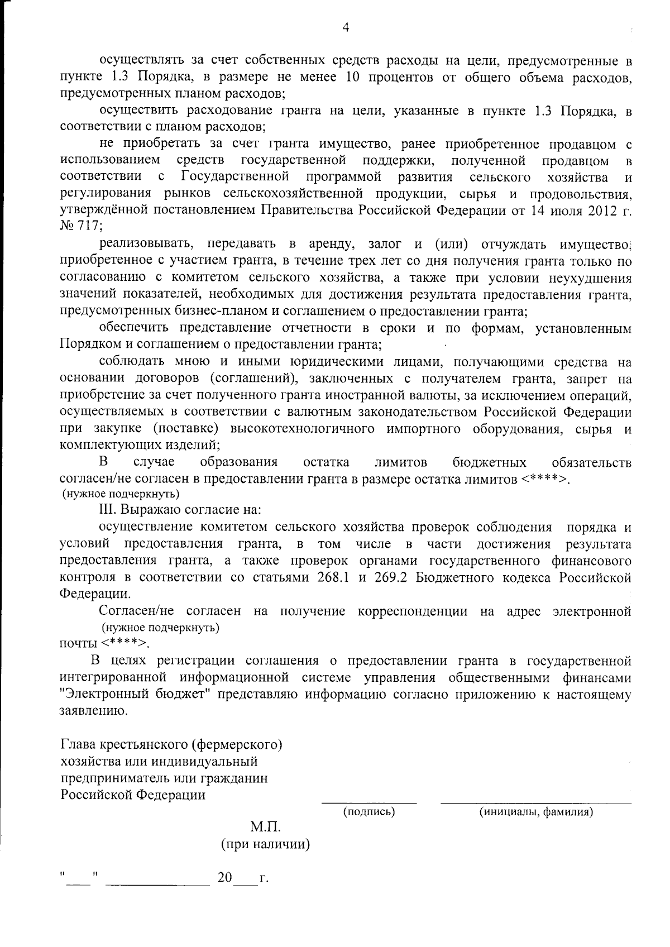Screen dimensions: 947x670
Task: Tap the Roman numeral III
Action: coord(107,510)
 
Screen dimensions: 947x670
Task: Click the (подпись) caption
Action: coord(368,811)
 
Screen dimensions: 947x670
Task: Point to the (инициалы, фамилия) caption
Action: coord(536,811)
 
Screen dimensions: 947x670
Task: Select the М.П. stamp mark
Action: coord(265,827)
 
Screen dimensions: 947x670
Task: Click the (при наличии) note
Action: coord(265,844)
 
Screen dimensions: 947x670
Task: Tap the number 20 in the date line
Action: coord(225,878)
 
